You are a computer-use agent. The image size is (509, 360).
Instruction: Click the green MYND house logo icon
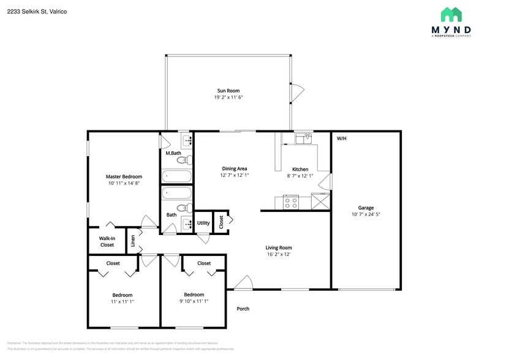(451, 14)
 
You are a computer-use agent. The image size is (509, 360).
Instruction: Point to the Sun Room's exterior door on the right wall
(296, 92)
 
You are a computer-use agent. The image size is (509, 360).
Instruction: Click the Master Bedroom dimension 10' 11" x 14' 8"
(124, 183)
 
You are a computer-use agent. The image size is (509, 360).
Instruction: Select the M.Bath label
(173, 153)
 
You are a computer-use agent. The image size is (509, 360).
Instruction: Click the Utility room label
(203, 223)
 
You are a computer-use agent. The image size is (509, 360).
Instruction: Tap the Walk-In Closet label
(107, 242)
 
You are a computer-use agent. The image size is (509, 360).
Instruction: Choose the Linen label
(133, 241)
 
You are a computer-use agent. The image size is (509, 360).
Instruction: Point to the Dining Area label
(234, 168)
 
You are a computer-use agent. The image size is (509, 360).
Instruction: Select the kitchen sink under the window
(303, 140)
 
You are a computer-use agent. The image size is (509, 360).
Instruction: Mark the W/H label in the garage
(341, 138)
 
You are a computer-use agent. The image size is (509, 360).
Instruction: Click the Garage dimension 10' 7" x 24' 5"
(366, 214)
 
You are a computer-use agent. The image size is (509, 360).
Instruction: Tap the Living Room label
(278, 247)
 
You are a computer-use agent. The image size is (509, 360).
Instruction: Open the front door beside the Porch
(244, 283)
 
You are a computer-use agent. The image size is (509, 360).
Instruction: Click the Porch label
(243, 309)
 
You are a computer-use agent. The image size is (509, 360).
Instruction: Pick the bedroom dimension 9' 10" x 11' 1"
(194, 301)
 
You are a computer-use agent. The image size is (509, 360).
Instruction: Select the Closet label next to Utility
(221, 222)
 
